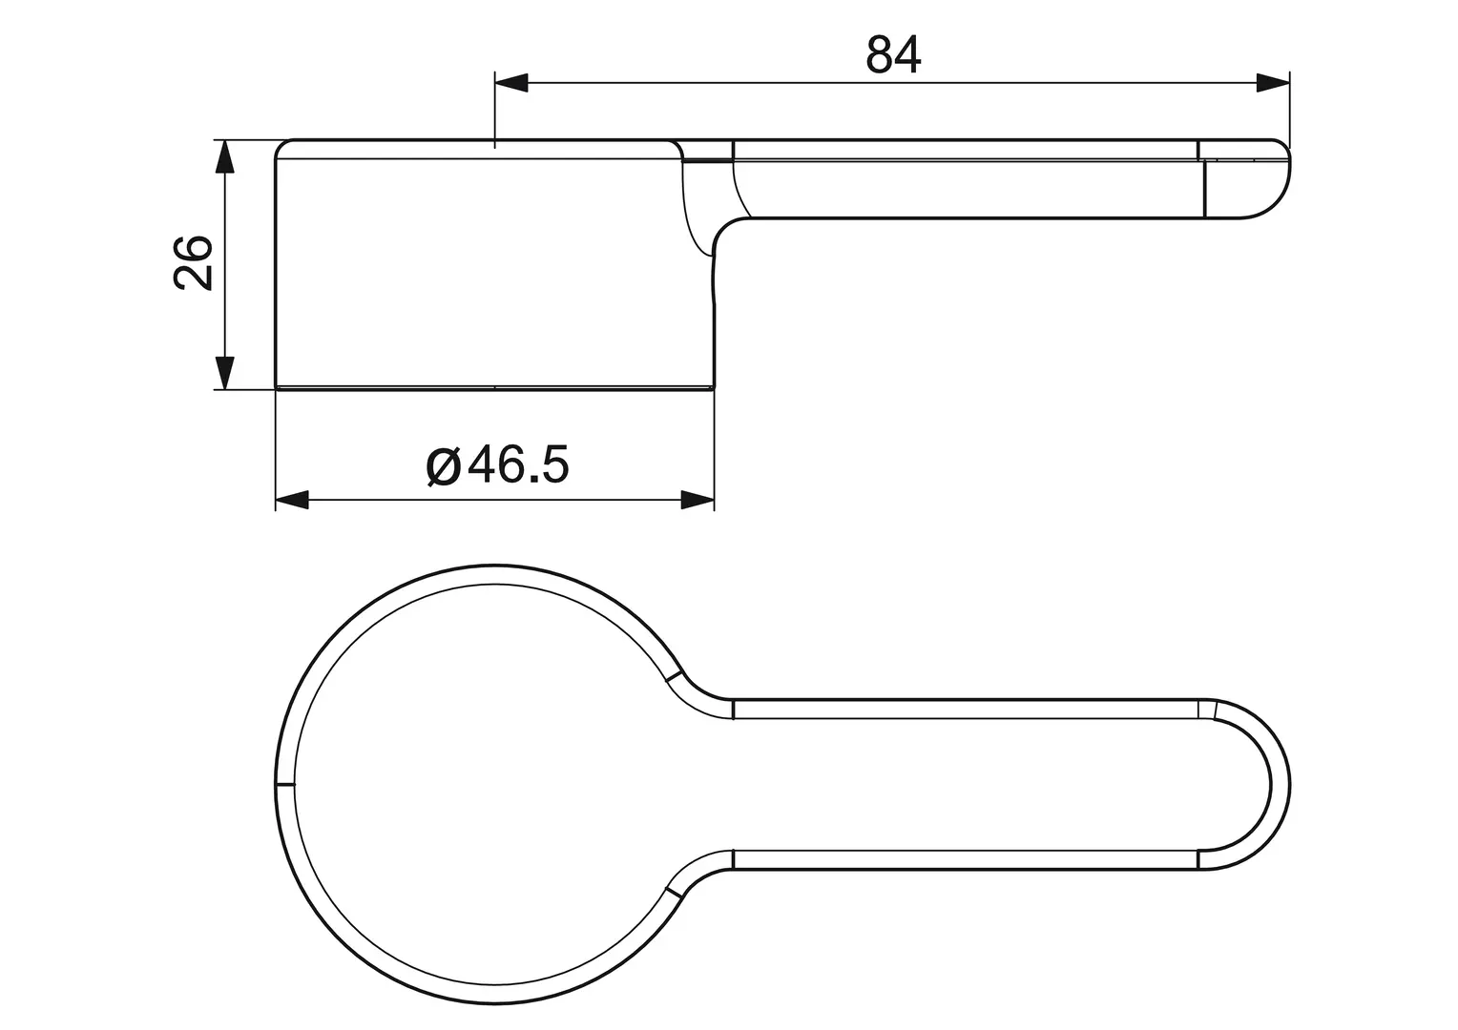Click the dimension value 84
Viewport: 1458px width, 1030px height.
pyautogui.click(x=893, y=55)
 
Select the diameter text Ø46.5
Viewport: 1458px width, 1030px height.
pyautogui.click(x=498, y=465)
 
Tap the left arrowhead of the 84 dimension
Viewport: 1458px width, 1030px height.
pyautogui.click(x=510, y=84)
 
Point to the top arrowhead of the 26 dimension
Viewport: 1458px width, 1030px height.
pyautogui.click(x=224, y=157)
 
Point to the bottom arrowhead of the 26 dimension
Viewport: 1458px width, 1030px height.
pyautogui.click(x=224, y=372)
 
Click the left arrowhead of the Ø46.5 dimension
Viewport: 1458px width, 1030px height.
pyautogui.click(x=292, y=500)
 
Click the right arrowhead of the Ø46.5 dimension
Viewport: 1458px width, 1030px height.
pyautogui.click(x=698, y=500)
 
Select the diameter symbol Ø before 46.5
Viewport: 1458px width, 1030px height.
pyautogui.click(x=444, y=466)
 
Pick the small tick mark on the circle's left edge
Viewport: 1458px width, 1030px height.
pyautogui.click(x=285, y=785)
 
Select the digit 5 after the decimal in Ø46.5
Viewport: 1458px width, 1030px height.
pyautogui.click(x=553, y=465)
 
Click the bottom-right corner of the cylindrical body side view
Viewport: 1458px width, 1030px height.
pyautogui.click(x=713, y=386)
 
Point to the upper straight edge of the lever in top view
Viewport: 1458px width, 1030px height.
pyautogui.click(x=964, y=699)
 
